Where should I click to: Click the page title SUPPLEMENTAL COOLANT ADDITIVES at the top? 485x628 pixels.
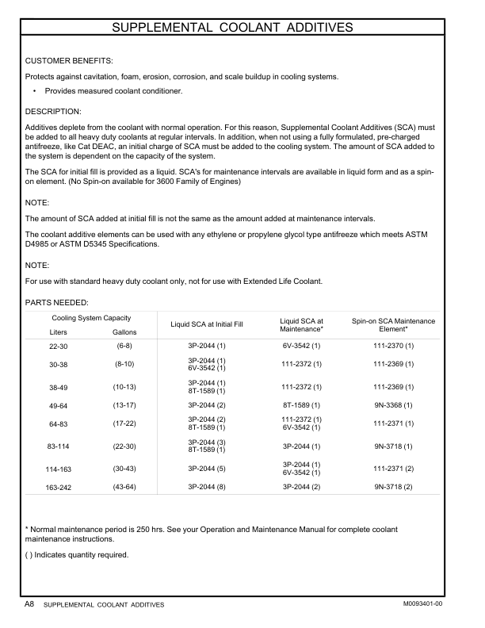[242, 29]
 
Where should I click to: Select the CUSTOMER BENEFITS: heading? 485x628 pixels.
[69, 60]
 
